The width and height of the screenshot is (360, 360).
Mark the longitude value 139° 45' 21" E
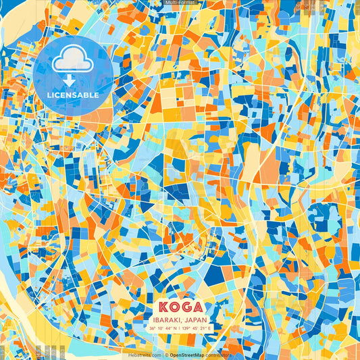point(197,328)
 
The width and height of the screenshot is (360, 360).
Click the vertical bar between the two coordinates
point(180,328)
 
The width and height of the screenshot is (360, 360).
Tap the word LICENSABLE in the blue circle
point(73,95)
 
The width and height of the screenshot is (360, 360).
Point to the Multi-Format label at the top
point(180,3)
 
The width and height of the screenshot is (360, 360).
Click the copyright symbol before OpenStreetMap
point(166,355)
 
